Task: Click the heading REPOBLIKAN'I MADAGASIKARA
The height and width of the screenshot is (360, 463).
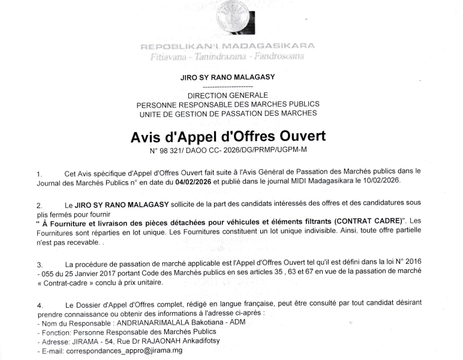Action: (227, 46)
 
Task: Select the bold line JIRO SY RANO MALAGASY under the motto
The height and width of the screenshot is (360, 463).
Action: (227, 77)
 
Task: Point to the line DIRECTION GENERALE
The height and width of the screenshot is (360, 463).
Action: (227, 95)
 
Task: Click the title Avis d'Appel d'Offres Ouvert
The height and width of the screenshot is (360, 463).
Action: (227, 137)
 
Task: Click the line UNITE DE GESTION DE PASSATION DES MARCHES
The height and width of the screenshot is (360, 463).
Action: (227, 113)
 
